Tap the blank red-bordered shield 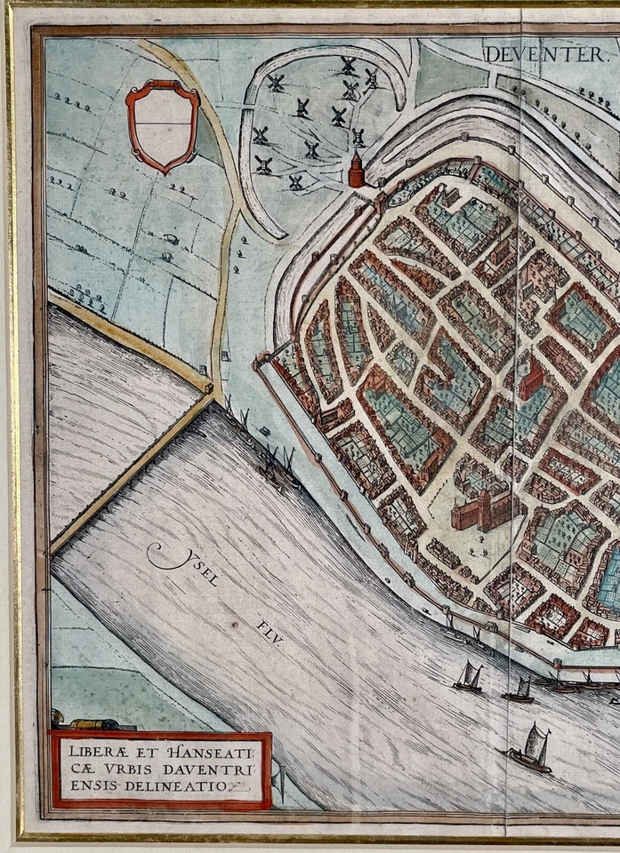[162, 124]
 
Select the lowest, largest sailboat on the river [531, 749]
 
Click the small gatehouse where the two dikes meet [208, 388]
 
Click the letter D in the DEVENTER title [491, 55]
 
